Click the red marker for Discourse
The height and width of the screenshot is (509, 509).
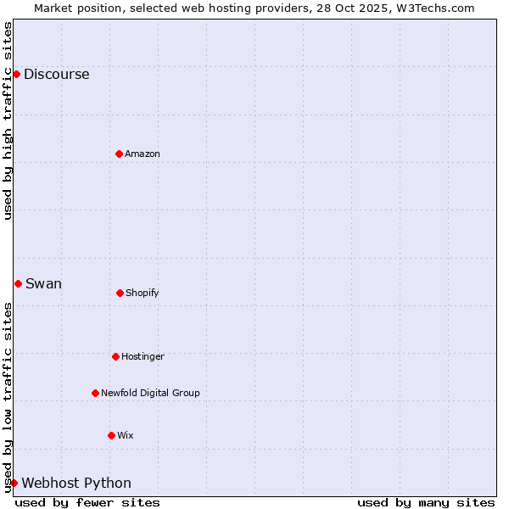point(16,74)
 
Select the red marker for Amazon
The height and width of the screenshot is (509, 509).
point(119,154)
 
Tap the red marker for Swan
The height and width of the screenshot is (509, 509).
point(18,283)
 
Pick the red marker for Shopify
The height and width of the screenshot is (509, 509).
point(120,293)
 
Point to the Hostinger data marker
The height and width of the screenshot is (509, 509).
point(115,356)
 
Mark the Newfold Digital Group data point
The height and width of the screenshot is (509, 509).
point(95,393)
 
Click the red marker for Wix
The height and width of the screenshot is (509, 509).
point(111,435)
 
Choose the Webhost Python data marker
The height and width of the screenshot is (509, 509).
point(14,483)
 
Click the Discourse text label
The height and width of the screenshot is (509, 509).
point(56,74)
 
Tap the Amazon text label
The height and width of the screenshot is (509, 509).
point(143,154)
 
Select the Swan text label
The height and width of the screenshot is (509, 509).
point(43,283)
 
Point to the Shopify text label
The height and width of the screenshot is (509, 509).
point(143,293)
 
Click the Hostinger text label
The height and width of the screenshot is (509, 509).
point(143,356)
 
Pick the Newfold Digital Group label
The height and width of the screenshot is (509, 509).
point(150,393)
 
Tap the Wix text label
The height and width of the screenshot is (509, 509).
point(126,435)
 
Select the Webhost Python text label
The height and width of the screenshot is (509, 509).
point(76,483)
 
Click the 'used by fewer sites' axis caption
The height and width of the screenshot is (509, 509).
point(87,502)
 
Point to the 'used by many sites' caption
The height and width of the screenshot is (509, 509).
point(426,502)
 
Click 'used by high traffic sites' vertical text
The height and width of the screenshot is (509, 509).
point(8,120)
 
